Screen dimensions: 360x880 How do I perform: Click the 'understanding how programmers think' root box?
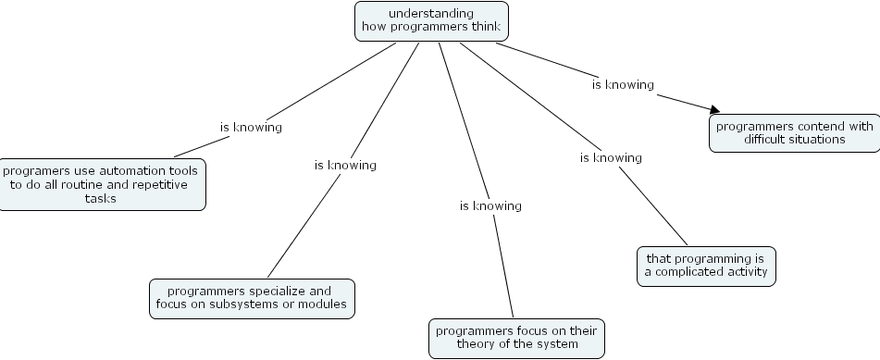pos(431,20)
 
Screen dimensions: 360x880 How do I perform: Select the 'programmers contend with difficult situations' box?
pos(794,133)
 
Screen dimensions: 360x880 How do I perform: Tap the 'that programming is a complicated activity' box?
pos(706,266)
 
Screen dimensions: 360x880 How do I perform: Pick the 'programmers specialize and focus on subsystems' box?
pos(253,298)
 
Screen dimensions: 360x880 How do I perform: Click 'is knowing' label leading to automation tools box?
pos(251,127)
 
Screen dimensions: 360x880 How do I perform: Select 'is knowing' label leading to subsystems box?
pos(345,165)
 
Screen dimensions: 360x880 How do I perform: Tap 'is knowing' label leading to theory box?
pos(490,205)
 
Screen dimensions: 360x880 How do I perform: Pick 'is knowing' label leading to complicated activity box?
pos(611,157)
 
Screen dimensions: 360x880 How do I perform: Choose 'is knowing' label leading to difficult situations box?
pos(623,84)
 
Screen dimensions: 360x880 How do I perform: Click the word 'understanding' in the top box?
pos(431,13)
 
